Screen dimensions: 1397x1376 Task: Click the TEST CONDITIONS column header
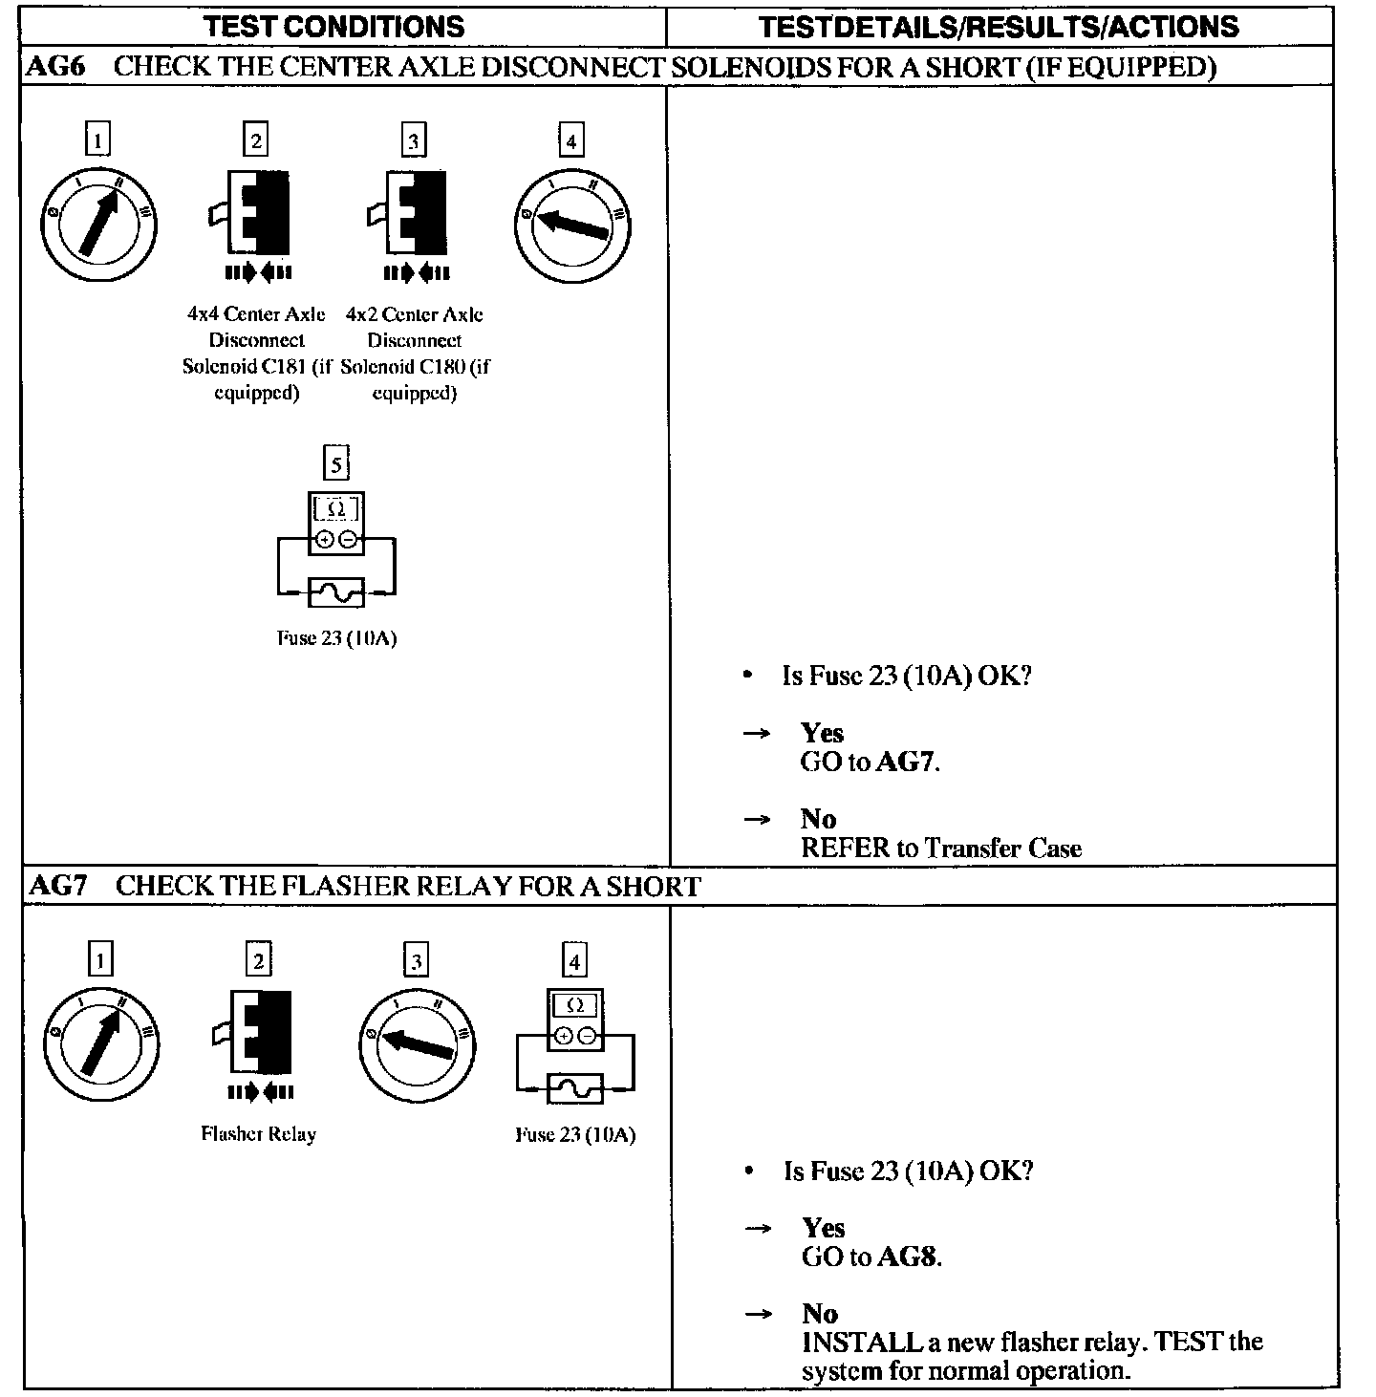[334, 26]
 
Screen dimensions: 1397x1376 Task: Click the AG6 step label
[57, 67]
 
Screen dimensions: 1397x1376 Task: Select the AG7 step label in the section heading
[57, 886]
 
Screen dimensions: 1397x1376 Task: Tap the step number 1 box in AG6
[97, 141]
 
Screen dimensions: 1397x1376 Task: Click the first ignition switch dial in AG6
[97, 225]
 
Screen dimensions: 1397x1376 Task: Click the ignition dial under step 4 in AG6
[571, 226]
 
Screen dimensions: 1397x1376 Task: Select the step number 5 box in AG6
[335, 464]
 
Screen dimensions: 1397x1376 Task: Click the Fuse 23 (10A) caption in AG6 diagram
[336, 638]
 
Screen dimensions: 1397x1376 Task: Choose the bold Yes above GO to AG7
[822, 733]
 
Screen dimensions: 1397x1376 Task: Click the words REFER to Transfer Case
[940, 849]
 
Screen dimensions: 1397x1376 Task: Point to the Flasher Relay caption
[258, 1134]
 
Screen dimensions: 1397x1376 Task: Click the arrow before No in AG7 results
[757, 1314]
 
